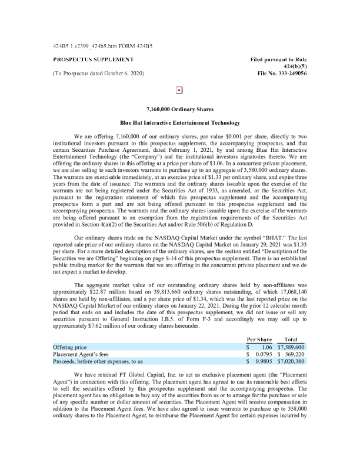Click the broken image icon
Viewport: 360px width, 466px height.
tap(179, 90)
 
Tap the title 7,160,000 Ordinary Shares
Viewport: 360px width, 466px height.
tap(180, 109)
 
